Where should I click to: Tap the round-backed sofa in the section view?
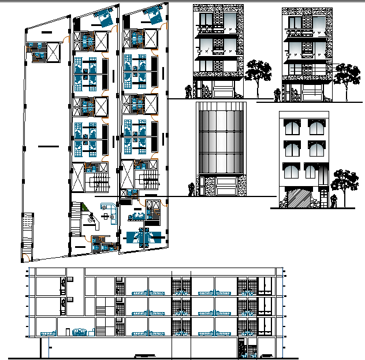click(79, 331)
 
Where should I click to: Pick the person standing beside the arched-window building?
click(334, 201)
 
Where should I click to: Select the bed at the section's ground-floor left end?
click(49, 332)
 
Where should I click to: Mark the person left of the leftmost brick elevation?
click(188, 91)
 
